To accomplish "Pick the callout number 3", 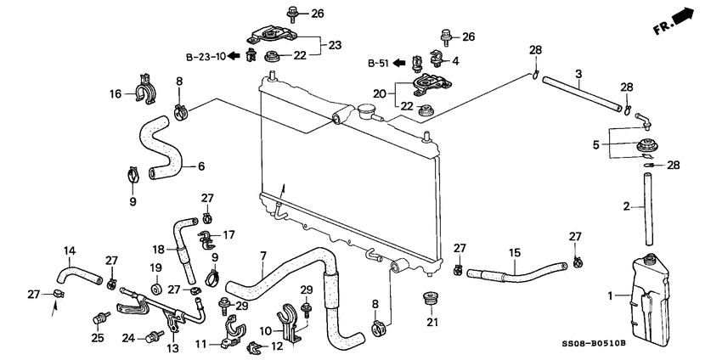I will click(x=578, y=75).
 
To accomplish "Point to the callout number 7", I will click(x=262, y=256).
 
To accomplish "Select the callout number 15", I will click(x=514, y=253).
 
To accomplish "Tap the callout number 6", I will click(x=202, y=166).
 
